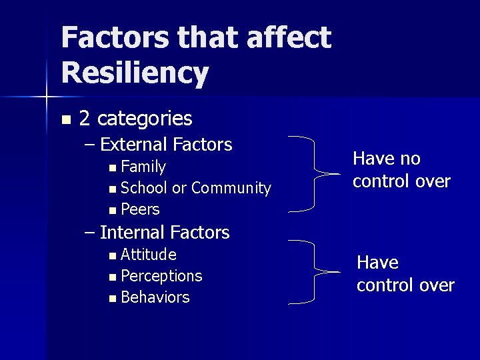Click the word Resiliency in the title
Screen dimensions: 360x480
coord(135,73)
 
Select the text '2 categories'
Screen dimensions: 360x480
coord(135,119)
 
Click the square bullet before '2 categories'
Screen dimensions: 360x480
coord(65,120)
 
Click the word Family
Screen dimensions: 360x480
coord(143,166)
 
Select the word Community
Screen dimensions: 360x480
coord(231,188)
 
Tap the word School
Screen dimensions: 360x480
coord(145,188)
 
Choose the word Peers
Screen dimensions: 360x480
coord(141,209)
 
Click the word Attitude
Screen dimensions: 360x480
coord(149,255)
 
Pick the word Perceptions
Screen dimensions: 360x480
coord(161,276)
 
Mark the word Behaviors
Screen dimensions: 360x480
coord(155,297)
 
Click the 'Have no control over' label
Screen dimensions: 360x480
coord(401,169)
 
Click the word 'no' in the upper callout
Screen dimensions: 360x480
coord(411,159)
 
